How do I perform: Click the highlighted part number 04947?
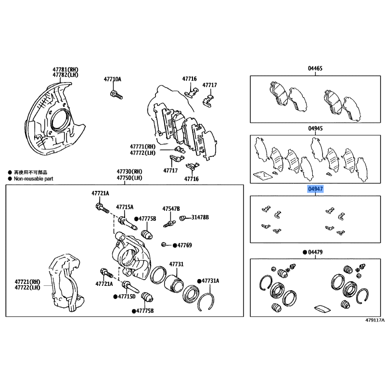click(x=315, y=189)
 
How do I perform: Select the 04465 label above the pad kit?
click(x=315, y=68)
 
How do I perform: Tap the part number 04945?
click(x=315, y=128)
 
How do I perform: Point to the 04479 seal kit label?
click(x=315, y=252)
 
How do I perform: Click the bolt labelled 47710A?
click(x=116, y=95)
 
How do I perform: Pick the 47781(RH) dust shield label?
click(x=65, y=69)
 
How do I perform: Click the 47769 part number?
click(x=184, y=245)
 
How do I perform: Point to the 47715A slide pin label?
click(x=125, y=207)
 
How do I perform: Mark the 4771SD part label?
click(x=127, y=296)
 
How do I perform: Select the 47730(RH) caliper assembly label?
click(x=129, y=171)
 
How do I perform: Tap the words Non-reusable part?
click(x=34, y=179)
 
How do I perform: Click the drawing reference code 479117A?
click(x=375, y=320)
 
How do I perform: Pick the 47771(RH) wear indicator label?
click(x=142, y=147)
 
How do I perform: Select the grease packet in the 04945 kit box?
click(x=262, y=175)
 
